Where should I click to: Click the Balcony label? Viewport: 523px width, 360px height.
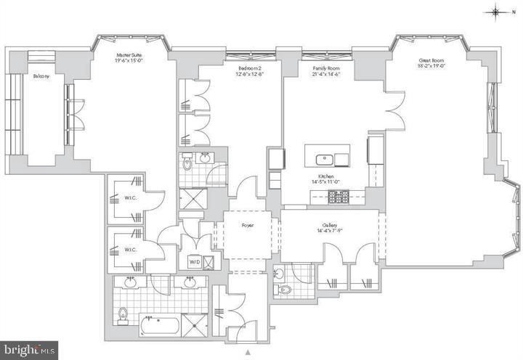tap(41, 75)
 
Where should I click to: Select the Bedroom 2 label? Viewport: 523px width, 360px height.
tap(248, 69)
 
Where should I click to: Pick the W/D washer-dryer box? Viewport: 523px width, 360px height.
tap(195, 262)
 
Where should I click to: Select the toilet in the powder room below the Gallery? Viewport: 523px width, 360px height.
tap(285, 289)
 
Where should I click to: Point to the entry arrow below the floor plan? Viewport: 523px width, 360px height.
tap(248, 352)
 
